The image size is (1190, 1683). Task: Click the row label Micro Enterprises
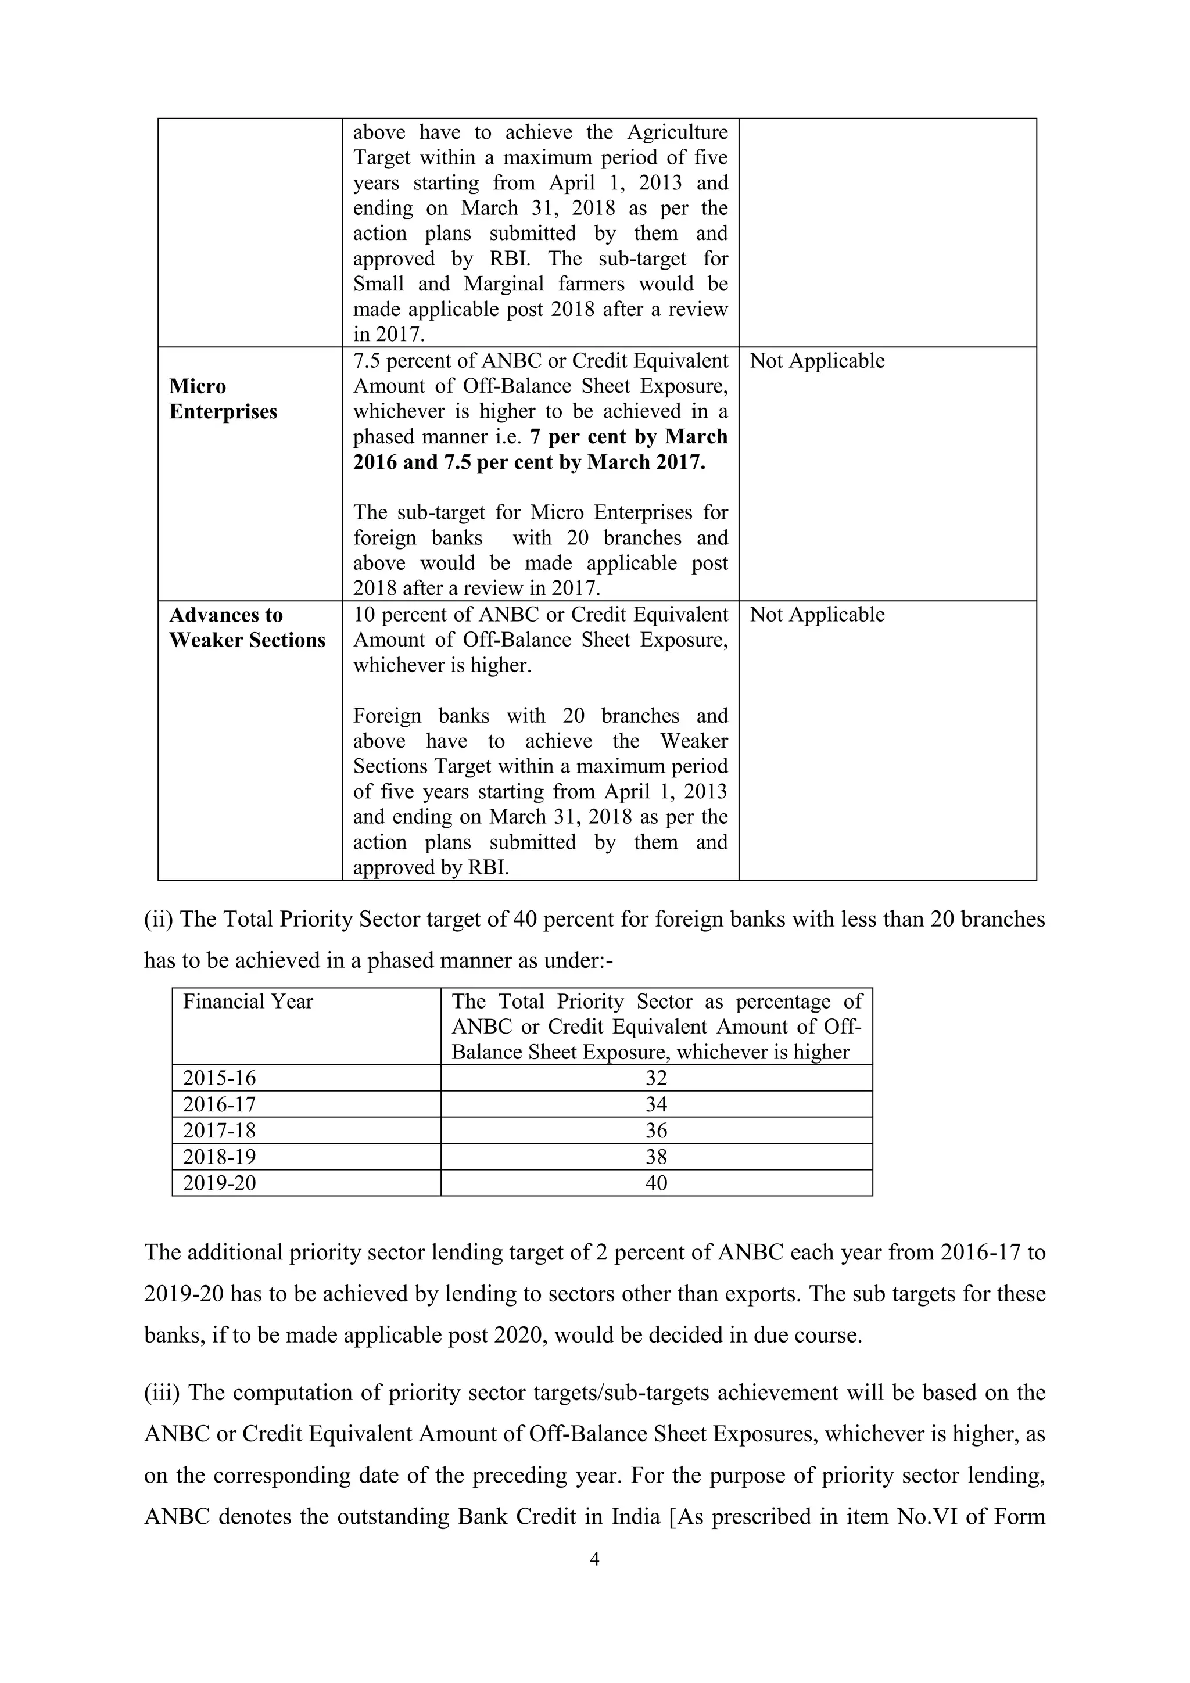pos(223,399)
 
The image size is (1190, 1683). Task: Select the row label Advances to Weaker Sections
pos(247,627)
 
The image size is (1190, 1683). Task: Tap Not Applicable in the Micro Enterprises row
pos(817,361)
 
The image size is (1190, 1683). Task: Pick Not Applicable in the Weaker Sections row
pos(817,614)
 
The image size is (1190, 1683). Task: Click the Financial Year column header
pos(248,1002)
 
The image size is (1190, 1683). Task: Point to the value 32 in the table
pos(656,1078)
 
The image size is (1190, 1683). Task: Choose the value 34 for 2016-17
pos(656,1104)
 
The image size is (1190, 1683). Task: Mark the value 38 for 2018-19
pos(656,1157)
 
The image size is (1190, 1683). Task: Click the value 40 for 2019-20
pos(656,1182)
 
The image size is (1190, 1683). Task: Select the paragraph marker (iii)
pos(162,1393)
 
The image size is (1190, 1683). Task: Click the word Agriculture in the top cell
pos(678,132)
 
